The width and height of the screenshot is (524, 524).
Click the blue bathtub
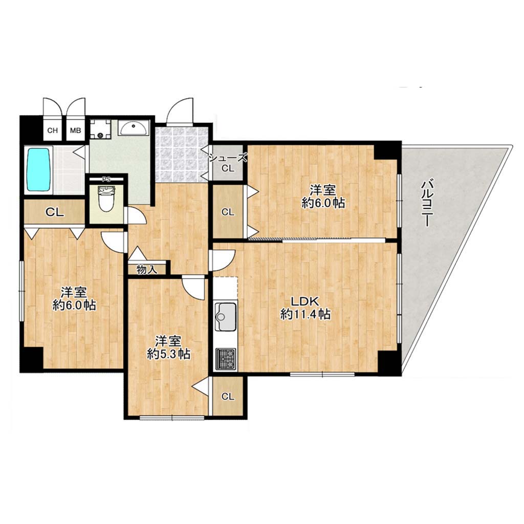coord(39,169)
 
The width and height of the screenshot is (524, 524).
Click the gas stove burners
coord(226,359)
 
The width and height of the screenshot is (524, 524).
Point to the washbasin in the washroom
coord(134,128)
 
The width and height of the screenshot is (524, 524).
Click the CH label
coord(52,130)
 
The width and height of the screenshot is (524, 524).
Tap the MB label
coord(76,130)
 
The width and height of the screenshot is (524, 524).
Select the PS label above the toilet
coord(106,179)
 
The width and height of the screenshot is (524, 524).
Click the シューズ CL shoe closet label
coord(228,163)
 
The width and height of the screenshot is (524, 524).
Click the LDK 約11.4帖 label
coord(305,308)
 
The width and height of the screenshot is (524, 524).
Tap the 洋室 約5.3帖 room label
coord(168,347)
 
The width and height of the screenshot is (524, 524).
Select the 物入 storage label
coord(147,270)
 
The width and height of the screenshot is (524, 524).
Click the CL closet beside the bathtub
coord(54,212)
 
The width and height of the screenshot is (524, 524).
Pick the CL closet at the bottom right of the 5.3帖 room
coord(228,397)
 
